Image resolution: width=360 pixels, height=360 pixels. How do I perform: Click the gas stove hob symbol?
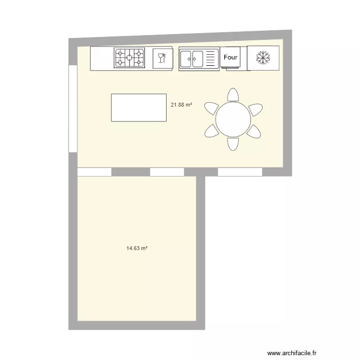[129, 58]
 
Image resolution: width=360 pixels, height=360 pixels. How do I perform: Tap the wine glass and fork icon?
[162, 58]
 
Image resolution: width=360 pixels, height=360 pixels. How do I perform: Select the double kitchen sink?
[192, 59]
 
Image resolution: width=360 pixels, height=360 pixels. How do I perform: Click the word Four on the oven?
[230, 57]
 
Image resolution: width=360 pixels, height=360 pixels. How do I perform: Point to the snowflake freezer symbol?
[263, 58]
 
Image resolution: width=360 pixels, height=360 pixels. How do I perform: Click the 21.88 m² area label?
[181, 104]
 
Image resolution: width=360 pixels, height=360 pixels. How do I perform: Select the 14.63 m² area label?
[136, 249]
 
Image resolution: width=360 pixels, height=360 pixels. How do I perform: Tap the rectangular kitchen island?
[139, 108]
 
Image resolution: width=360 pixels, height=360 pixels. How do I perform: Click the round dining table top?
[233, 120]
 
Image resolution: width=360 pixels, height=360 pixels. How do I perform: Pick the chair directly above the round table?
[233, 95]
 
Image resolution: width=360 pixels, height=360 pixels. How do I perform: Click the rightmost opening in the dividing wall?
[240, 172]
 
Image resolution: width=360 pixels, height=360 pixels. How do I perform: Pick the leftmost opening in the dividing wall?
[95, 172]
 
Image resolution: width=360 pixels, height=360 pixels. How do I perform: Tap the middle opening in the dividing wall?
[167, 172]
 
